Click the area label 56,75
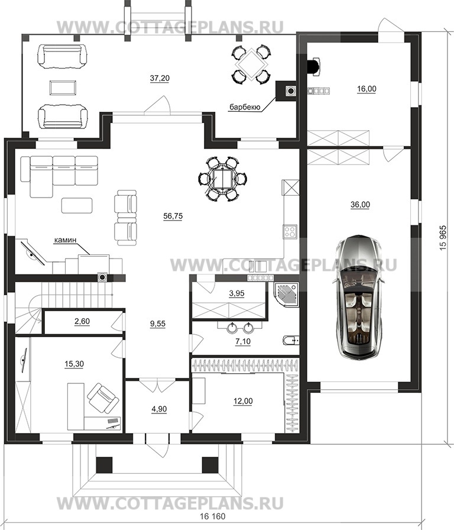[x=173, y=216]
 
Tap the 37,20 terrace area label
[x=160, y=78]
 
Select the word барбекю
[x=245, y=108]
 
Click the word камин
[x=65, y=240]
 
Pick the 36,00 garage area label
[x=361, y=205]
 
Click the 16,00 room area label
[x=367, y=89]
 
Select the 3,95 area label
[x=236, y=293]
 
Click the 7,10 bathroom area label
[x=243, y=342]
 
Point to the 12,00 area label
[x=243, y=401]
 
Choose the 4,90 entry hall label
[x=159, y=409]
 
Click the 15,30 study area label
[x=74, y=364]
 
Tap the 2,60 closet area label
[x=82, y=321]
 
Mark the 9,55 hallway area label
[x=158, y=324]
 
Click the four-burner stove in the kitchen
[x=290, y=231]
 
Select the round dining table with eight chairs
[x=223, y=179]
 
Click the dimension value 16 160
[x=212, y=516]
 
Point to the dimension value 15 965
[x=443, y=238]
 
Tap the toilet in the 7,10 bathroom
[x=290, y=340]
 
